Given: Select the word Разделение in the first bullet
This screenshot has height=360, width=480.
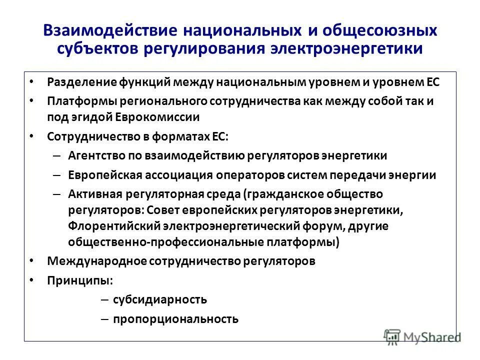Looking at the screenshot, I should coord(82,81).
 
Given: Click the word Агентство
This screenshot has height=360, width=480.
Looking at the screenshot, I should coord(95,155).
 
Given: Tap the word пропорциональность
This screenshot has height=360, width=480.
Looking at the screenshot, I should coord(175,319).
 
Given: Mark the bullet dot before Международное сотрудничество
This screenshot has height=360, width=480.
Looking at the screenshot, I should coord(32,260).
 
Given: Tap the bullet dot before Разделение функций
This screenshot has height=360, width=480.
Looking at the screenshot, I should coord(32,80).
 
